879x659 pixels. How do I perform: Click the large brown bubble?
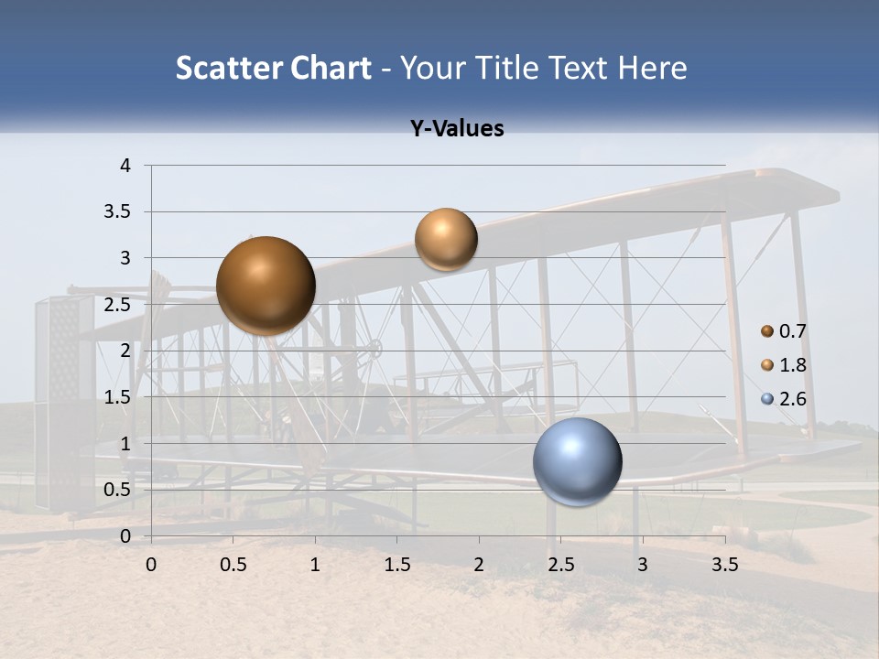tap(266, 286)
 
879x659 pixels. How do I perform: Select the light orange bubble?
tap(446, 240)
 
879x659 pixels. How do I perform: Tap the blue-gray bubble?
tap(578, 461)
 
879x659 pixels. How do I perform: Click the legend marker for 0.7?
tap(767, 331)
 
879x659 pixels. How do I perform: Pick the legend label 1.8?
tap(793, 365)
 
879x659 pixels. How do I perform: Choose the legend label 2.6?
tap(793, 398)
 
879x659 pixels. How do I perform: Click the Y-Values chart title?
tap(457, 129)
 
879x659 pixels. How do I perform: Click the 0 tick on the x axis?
tap(151, 565)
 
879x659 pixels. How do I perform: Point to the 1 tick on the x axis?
tap(315, 565)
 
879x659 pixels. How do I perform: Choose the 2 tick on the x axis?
tap(479, 565)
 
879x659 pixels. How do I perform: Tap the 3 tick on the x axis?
tap(643, 565)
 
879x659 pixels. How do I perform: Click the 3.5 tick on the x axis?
tap(724, 565)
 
